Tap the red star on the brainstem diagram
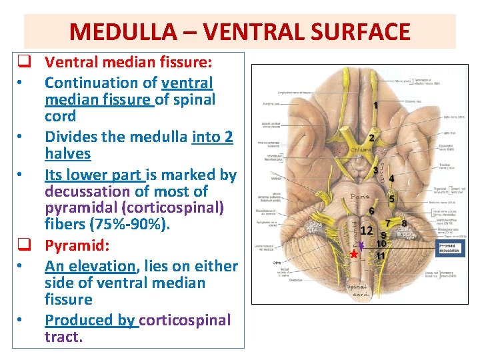pos(354,255)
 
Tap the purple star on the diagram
pos(361,245)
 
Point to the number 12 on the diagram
pos(366,231)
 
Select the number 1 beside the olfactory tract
pos(375,105)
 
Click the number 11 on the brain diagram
pos(381,255)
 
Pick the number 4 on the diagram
pos(391,178)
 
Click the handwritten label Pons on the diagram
pos(360,197)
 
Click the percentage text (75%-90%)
pos(136,225)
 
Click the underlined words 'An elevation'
pos(89,266)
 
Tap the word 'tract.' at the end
pos(64,337)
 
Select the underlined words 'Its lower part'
pos(93,175)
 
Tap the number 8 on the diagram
pos(404,223)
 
